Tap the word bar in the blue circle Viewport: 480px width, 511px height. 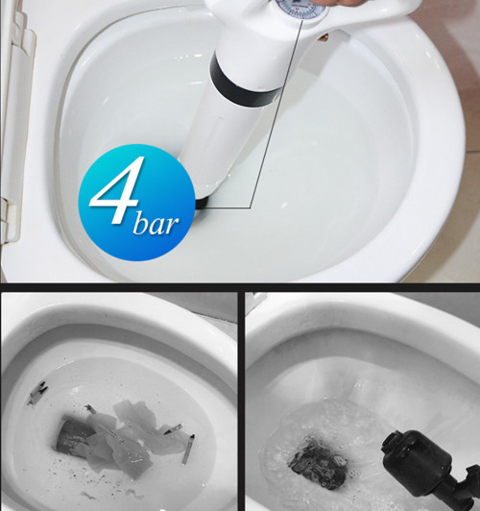[156, 223]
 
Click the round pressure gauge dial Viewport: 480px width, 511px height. [300, 8]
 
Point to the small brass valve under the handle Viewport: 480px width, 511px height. [323, 37]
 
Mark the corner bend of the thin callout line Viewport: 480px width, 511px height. [251, 207]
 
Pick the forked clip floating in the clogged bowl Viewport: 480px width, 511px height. [36, 393]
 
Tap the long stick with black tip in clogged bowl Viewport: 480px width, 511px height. [188, 449]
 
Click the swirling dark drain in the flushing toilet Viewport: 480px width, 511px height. [318, 464]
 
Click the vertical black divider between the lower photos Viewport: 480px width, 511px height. [241, 401]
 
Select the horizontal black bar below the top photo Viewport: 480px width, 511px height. [240, 287]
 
